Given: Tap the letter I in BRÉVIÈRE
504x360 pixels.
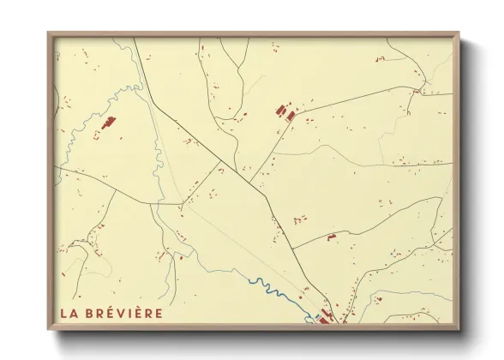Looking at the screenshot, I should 129,313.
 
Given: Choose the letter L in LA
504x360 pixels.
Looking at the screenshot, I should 64,313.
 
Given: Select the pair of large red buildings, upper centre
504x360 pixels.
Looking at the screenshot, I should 285,111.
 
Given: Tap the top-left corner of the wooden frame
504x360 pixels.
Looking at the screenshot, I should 49,33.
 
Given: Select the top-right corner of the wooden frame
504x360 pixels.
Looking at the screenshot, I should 459,33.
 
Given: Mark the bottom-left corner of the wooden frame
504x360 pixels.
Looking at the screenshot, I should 49,330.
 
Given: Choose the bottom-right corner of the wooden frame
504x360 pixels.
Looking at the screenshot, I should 459,330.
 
